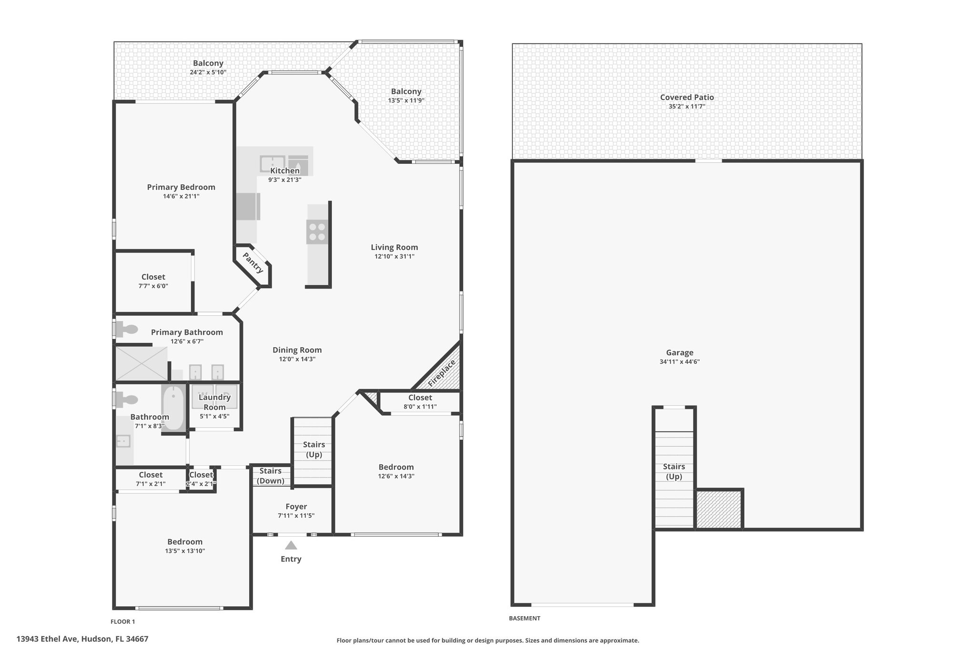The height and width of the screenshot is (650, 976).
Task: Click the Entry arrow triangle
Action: click(x=291, y=545)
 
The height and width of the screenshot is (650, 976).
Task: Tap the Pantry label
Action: click(x=253, y=263)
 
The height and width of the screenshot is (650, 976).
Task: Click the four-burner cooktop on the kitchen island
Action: click(x=317, y=232)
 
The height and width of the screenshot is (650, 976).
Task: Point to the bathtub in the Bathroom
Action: click(x=173, y=408)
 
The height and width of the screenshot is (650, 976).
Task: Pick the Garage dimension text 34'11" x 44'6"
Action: click(x=680, y=361)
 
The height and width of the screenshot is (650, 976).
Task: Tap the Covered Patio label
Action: click(x=687, y=97)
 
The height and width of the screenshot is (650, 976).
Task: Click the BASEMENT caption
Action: click(x=525, y=618)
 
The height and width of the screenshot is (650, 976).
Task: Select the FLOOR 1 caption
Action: click(x=123, y=621)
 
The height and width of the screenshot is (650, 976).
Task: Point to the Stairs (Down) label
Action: click(x=270, y=476)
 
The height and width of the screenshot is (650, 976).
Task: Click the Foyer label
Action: click(x=296, y=507)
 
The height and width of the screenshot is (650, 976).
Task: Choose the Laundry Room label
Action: click(x=214, y=402)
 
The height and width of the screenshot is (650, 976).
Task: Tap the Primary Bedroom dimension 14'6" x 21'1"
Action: click(x=181, y=196)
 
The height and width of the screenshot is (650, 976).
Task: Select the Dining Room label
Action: click(x=297, y=350)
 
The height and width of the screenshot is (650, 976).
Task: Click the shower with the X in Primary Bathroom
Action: click(x=142, y=364)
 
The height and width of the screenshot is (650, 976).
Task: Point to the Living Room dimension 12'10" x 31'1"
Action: click(x=394, y=256)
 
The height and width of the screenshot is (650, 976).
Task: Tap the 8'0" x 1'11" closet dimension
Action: click(x=420, y=407)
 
